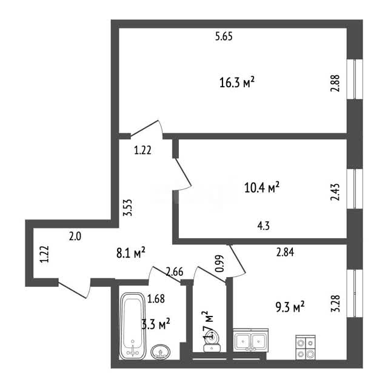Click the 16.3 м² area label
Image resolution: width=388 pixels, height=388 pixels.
237,82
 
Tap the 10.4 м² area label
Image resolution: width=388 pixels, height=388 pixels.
262,187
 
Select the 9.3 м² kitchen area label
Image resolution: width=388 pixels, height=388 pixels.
290,307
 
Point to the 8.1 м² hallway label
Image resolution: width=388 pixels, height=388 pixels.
131,253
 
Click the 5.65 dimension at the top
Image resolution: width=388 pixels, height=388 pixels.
224,36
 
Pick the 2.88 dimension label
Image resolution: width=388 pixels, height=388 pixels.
335,84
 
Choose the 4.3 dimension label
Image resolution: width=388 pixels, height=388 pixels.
264,226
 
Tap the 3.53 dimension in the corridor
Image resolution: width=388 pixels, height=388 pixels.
128,208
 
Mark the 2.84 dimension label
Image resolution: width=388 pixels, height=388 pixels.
286,252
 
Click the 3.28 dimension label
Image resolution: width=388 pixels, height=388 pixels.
335,304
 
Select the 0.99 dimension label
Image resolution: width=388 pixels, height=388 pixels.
219,264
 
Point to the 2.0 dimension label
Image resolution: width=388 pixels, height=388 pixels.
75,237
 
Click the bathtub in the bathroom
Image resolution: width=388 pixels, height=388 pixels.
133,326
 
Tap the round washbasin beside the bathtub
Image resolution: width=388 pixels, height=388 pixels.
161,352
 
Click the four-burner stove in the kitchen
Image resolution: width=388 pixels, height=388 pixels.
306,347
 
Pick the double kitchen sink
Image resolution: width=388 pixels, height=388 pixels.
250,340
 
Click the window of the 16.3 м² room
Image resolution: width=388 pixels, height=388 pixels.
355,79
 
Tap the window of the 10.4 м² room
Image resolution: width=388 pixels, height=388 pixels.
355,189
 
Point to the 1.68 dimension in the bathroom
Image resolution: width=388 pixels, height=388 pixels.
156,299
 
